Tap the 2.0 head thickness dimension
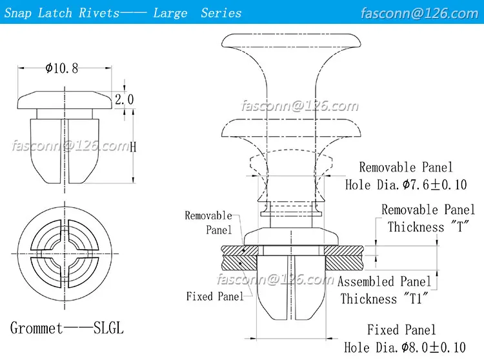pos(124,99)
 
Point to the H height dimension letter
pos(133,146)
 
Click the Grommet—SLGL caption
pos(66,328)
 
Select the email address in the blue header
pos(428,13)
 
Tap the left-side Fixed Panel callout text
pos(215,296)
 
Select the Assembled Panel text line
pos(384,281)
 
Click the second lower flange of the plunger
pos(290,128)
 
